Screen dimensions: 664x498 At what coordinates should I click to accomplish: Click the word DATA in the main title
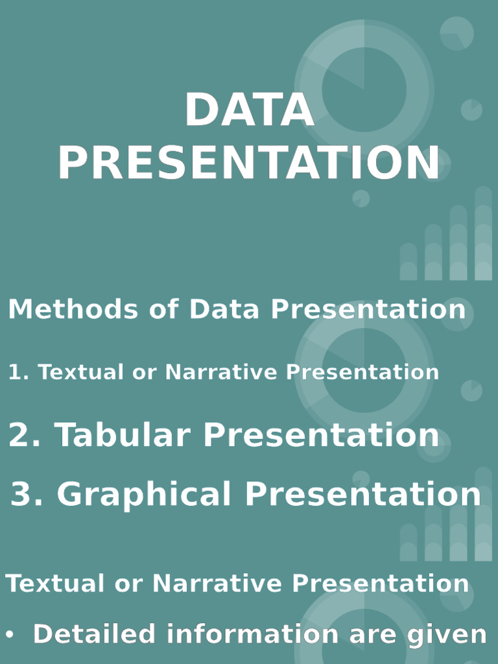click(x=249, y=110)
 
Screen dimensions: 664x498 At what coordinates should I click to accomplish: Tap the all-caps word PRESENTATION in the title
click(x=249, y=163)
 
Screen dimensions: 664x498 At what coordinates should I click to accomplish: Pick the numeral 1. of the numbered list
click(x=19, y=372)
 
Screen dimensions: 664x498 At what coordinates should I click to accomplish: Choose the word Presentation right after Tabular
click(x=322, y=434)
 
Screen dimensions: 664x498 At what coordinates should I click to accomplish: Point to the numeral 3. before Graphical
click(x=28, y=495)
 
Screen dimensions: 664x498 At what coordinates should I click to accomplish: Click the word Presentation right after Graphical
click(x=362, y=495)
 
